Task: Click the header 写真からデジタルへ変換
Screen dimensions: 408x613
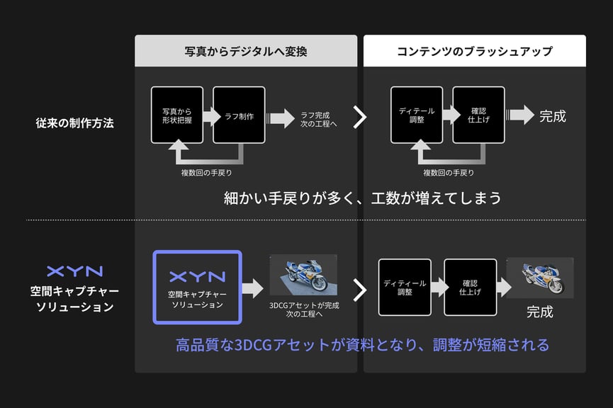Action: click(246, 52)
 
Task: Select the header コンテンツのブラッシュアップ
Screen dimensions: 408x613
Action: click(474, 52)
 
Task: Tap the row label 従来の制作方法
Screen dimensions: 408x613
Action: click(74, 123)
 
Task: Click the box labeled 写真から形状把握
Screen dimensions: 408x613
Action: click(176, 115)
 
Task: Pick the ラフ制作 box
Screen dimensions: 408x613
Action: click(239, 115)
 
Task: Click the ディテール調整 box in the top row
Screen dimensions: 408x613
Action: click(417, 115)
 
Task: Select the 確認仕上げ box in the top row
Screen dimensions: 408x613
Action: click(479, 115)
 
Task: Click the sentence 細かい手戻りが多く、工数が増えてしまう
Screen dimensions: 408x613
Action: click(363, 198)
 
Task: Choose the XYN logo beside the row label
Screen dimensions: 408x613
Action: click(74, 271)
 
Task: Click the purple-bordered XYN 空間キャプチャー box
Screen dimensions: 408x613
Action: click(197, 288)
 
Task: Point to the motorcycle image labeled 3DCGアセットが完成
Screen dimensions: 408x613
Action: click(303, 275)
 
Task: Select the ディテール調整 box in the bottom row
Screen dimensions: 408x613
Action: click(405, 287)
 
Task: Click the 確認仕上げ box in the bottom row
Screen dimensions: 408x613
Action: click(470, 287)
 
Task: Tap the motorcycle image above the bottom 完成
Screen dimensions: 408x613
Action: click(539, 277)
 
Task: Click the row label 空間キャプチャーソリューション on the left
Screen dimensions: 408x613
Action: click(74, 299)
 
